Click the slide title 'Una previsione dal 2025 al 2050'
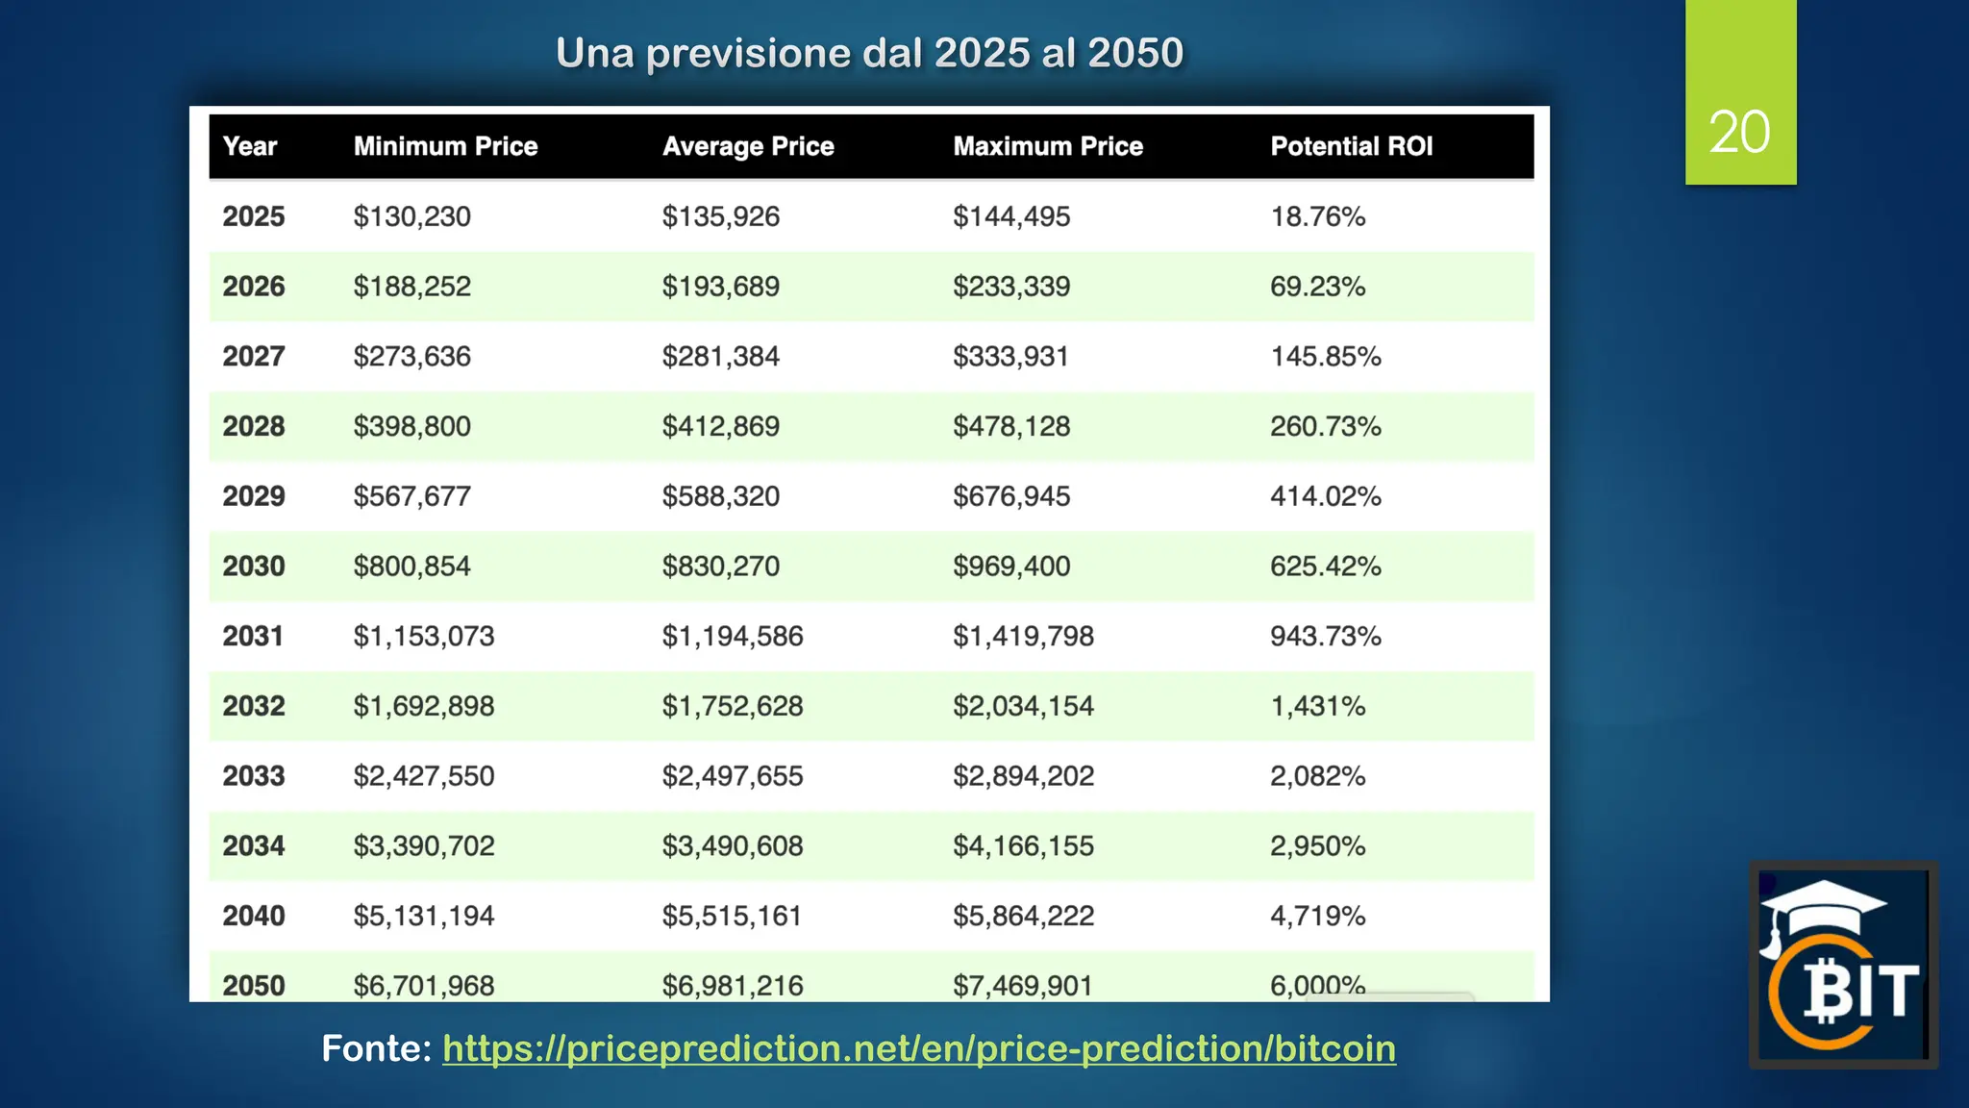[869, 53]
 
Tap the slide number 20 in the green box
[1739, 132]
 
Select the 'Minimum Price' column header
[445, 146]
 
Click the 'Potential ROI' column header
[1351, 146]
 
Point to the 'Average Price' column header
[748, 146]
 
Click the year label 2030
[254, 566]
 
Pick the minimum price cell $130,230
[411, 216]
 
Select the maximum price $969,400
[1011, 566]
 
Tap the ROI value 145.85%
[1325, 357]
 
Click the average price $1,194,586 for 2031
[732, 636]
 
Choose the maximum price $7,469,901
[1023, 985]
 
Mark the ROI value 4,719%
[1317, 916]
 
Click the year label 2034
[254, 845]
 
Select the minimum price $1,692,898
[423, 706]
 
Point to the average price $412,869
[720, 426]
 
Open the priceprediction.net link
[918, 1048]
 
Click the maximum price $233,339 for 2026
[1011, 287]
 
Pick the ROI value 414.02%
[1325, 496]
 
